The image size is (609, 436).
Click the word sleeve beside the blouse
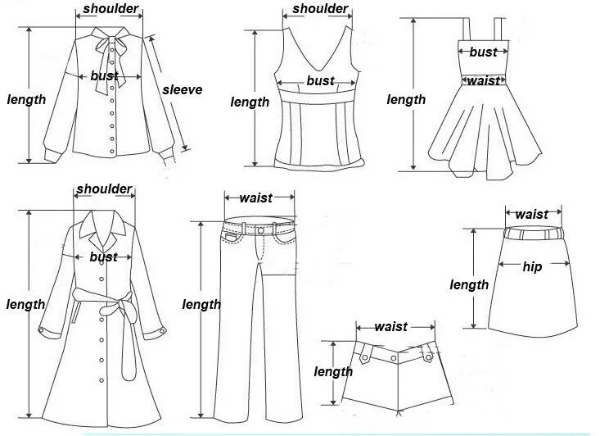pyautogui.click(x=181, y=89)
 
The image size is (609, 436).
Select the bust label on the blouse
pyautogui.click(x=104, y=76)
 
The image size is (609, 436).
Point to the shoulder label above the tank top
pyautogui.click(x=320, y=9)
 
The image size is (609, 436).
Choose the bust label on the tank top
pyautogui.click(x=320, y=80)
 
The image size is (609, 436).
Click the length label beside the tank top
pyautogui.click(x=250, y=102)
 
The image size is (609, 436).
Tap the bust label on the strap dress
pyautogui.click(x=483, y=52)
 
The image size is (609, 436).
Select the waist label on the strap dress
pyautogui.click(x=483, y=80)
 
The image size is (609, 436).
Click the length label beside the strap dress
pyautogui.click(x=406, y=99)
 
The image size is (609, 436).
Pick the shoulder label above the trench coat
pyautogui.click(x=104, y=189)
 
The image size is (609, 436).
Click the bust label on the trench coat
pyautogui.click(x=103, y=257)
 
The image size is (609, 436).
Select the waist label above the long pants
pyautogui.click(x=256, y=198)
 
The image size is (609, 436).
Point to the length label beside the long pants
pyautogui.click(x=201, y=304)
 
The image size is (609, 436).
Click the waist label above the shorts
pyautogui.click(x=390, y=326)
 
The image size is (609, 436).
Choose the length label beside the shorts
pyautogui.click(x=333, y=371)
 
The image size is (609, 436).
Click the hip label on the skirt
pyautogui.click(x=532, y=266)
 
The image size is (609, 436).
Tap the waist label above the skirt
pyautogui.click(x=532, y=214)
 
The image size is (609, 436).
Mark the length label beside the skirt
pyautogui.click(x=469, y=284)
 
